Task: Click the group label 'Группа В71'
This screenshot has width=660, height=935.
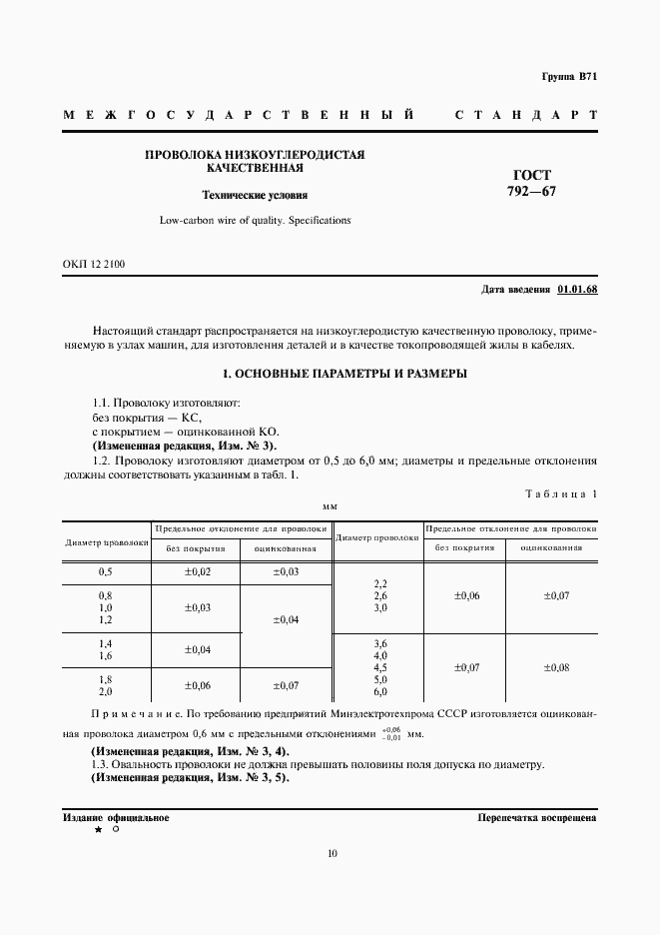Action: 569,77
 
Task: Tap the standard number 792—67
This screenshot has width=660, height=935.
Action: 531,192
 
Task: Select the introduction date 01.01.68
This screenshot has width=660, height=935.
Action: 577,290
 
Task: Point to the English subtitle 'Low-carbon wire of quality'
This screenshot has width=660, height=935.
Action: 255,220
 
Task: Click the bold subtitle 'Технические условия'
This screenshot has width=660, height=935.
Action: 255,196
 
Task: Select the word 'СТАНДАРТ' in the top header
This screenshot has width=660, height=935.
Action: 525,115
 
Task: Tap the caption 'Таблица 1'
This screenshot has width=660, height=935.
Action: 560,493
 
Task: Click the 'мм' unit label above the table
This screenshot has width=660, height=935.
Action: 330,507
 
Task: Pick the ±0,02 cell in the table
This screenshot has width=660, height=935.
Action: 196,572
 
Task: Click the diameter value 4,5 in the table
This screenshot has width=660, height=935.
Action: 379,667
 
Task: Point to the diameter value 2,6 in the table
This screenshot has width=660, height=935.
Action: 379,595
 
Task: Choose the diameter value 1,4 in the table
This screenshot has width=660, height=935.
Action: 105,644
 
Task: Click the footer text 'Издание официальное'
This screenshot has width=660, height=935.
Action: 116,817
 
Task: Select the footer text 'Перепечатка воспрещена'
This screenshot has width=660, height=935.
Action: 537,817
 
